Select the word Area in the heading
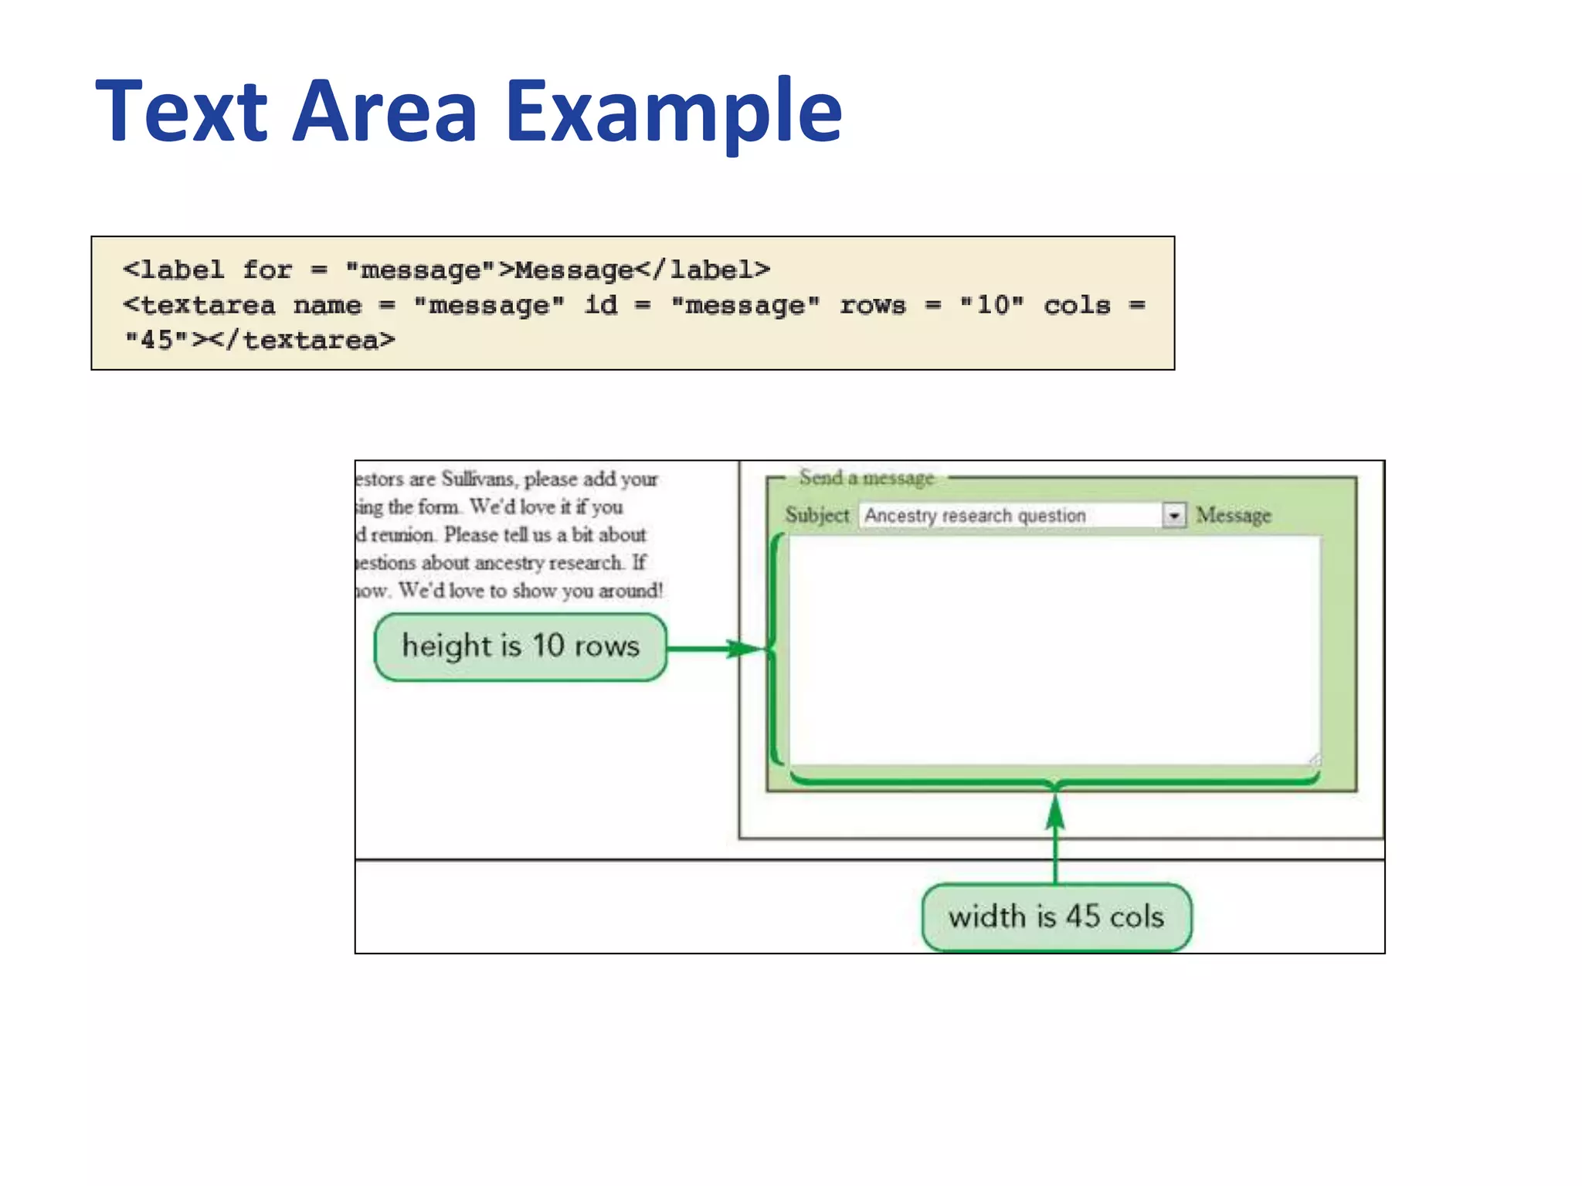pyautogui.click(x=385, y=112)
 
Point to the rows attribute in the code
pyautogui.click(x=872, y=305)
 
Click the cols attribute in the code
pyautogui.click(x=1077, y=305)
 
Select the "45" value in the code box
pyautogui.click(x=157, y=340)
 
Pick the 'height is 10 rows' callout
pyautogui.click(x=520, y=646)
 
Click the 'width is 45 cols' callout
pyautogui.click(x=1056, y=917)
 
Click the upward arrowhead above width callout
pyautogui.click(x=1055, y=812)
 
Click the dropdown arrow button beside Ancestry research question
pyautogui.click(x=1173, y=515)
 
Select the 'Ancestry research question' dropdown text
pyautogui.click(x=975, y=515)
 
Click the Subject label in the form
pyautogui.click(x=816, y=515)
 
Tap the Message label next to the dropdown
pyautogui.click(x=1233, y=515)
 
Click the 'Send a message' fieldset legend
pyautogui.click(x=866, y=478)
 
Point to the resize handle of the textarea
pyautogui.click(x=1314, y=760)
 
